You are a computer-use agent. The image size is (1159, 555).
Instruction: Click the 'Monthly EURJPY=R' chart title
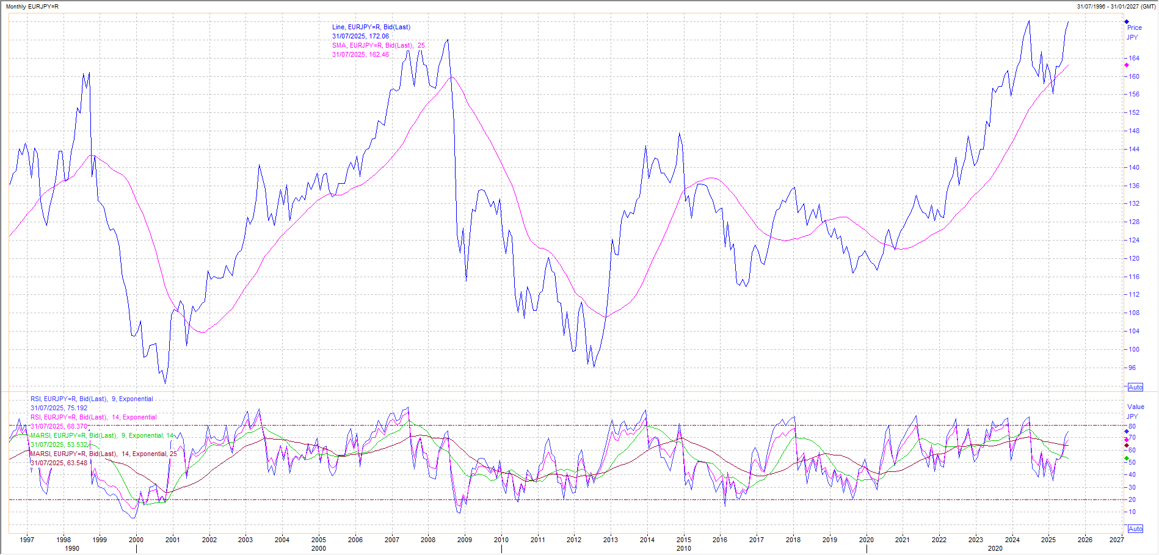click(32, 6)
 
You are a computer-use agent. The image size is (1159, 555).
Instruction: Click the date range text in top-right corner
click(1116, 6)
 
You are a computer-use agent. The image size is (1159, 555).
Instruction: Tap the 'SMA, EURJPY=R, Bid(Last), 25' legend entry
click(379, 45)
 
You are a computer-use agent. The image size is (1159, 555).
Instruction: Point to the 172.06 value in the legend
click(379, 36)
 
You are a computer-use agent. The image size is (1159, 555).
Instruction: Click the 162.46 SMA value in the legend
click(379, 54)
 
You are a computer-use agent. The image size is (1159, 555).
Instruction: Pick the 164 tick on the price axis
click(1134, 59)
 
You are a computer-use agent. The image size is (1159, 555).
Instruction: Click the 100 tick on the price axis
click(1134, 350)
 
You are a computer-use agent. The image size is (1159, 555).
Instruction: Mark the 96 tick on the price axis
click(1133, 368)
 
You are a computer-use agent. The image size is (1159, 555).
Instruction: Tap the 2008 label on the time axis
click(428, 540)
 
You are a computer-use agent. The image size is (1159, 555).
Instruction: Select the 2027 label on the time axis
click(1117, 540)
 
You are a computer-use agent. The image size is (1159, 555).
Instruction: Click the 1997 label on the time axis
click(27, 540)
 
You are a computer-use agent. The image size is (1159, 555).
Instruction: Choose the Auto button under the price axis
click(1135, 387)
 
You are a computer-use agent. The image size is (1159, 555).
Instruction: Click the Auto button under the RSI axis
click(1135, 529)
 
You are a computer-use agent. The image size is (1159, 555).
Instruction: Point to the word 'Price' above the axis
click(1135, 27)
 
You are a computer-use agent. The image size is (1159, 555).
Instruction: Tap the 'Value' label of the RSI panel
click(1136, 407)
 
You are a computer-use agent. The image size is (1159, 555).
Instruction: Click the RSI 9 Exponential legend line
click(92, 399)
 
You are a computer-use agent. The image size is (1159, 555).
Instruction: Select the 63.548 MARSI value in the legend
click(77, 463)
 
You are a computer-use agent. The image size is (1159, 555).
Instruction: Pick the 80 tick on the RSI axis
click(1132, 426)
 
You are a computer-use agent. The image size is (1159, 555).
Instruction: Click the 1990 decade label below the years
click(72, 548)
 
